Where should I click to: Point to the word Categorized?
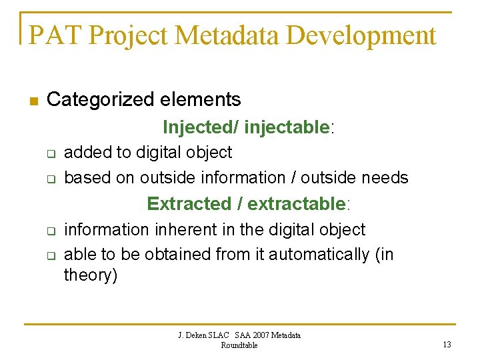point(92,100)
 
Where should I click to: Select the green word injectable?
point(287,127)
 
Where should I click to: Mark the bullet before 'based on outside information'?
point(50,178)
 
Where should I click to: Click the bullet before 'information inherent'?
point(50,230)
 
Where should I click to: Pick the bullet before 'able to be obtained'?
point(50,255)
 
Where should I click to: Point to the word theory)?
point(90,275)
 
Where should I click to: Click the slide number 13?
point(447,344)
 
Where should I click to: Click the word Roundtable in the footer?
point(239,345)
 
